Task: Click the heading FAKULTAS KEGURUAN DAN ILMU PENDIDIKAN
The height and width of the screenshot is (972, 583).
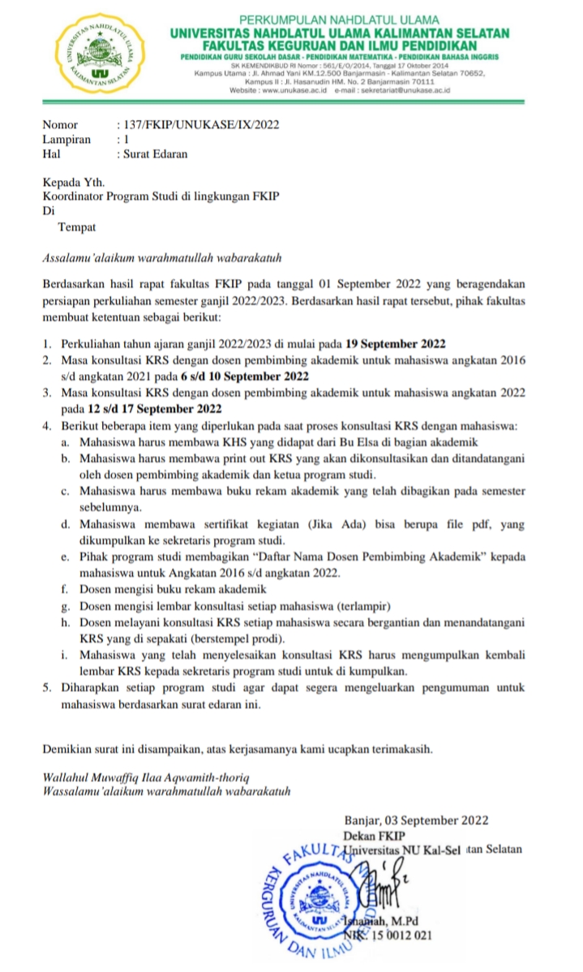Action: (x=339, y=45)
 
